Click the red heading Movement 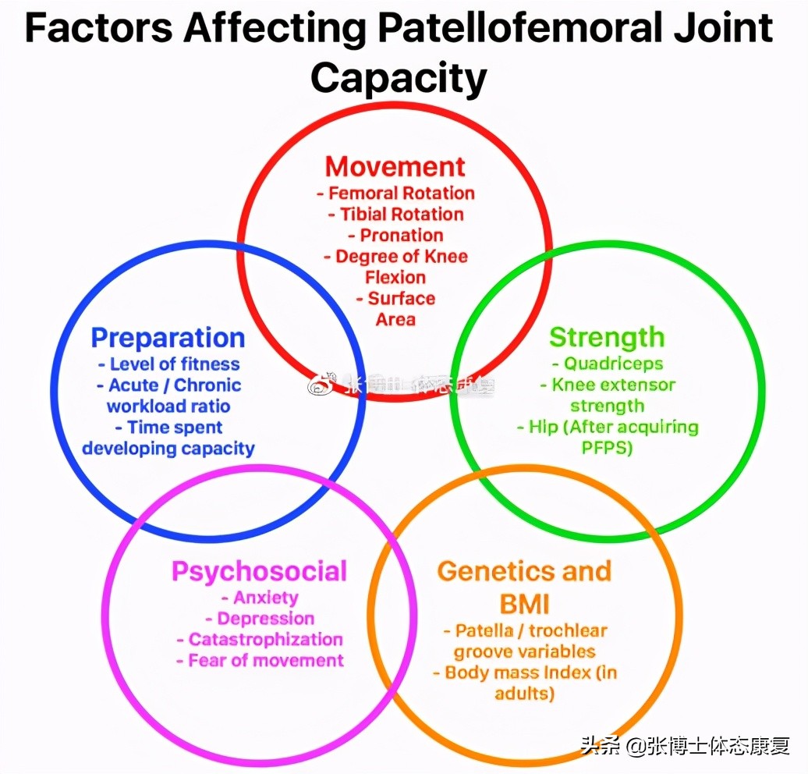395,167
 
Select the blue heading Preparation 168,338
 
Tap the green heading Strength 607,338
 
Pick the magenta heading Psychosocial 259,571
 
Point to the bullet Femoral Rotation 399,193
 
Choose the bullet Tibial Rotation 401,215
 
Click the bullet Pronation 401,236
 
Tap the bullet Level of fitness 173,364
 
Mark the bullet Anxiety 264,598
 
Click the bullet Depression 264,619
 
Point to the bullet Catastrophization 264,640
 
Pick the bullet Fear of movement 264,661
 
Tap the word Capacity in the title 399,78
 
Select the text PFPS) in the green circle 607,448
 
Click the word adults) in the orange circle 524,693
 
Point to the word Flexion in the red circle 395,278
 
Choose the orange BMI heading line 525,603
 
